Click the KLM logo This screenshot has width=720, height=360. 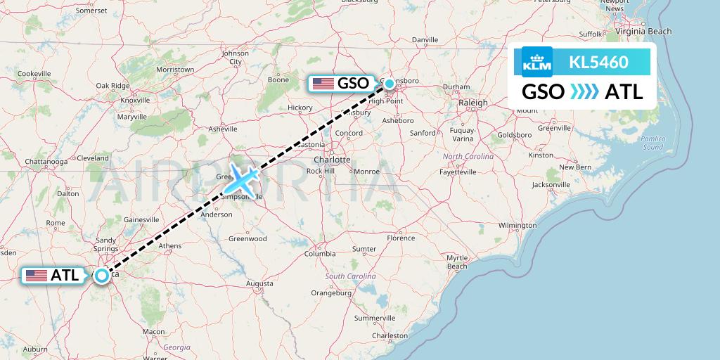(537, 63)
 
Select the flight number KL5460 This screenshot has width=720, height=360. (599, 63)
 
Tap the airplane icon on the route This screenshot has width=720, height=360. (242, 179)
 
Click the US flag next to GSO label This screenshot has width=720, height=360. (323, 84)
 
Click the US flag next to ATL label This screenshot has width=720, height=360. (36, 276)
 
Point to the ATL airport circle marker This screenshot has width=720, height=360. (103, 276)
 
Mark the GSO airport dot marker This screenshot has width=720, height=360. (390, 84)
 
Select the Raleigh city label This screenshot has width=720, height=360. (472, 103)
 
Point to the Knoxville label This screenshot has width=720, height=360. (136, 100)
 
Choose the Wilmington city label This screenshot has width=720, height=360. (517, 226)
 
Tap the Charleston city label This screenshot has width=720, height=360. (390, 336)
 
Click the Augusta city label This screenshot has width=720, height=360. (259, 283)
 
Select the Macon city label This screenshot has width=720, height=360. (153, 331)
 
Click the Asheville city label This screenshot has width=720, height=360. (223, 129)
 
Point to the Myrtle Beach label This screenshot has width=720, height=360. (457, 262)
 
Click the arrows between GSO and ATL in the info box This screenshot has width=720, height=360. (584, 91)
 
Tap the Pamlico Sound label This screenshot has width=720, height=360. (652, 143)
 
